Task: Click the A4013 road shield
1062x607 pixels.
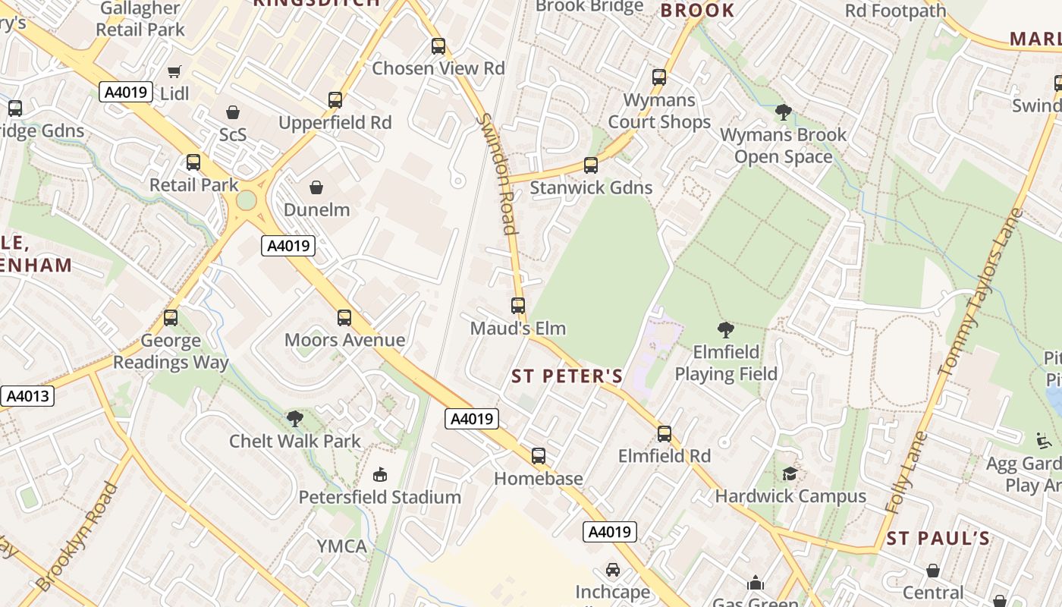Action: point(27,396)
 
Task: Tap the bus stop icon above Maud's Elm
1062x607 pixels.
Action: point(518,306)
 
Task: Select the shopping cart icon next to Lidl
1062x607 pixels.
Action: point(174,71)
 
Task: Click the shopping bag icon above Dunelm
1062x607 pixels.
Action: point(316,187)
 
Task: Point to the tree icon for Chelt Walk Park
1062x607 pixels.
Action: point(294,418)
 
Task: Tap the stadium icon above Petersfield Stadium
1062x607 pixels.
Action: point(379,475)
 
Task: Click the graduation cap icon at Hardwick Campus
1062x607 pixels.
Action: point(790,473)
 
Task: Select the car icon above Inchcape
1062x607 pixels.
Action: point(613,569)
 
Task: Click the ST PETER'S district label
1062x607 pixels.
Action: point(567,376)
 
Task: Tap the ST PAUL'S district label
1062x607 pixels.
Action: point(938,539)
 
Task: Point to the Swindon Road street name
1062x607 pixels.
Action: point(498,174)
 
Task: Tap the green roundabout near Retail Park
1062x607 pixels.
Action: point(247,200)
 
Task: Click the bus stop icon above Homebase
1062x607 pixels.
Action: point(539,456)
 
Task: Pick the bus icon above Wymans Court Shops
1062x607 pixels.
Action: point(659,77)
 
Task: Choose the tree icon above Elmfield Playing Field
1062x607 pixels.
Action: point(725,330)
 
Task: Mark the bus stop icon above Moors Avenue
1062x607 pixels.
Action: point(344,318)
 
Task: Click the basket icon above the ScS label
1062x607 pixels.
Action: point(233,112)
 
